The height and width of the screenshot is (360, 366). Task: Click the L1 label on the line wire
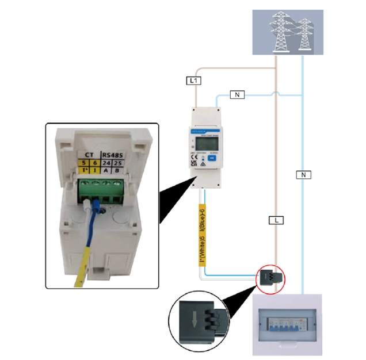point(195,81)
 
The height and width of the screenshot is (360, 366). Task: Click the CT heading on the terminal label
point(89,154)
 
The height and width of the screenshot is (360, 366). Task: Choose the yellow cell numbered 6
point(96,162)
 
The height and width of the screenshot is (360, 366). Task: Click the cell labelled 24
point(106,162)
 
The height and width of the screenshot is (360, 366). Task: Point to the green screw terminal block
point(100,187)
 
